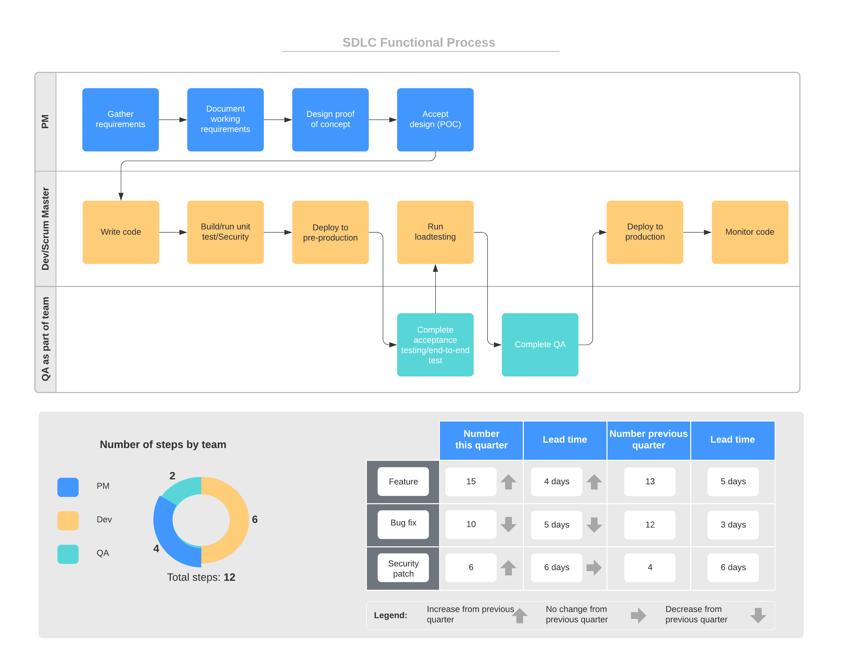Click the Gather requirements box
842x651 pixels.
tap(120, 119)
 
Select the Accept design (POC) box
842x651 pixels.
tap(435, 119)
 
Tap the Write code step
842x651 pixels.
tap(121, 232)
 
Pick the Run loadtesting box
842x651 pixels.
tap(435, 232)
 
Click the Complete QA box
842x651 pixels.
tap(540, 344)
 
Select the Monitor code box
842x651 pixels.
tap(749, 232)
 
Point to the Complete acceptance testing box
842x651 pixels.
tap(435, 344)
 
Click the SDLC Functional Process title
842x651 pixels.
tap(419, 42)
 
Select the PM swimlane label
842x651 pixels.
tap(45, 122)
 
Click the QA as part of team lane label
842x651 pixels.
tap(45, 339)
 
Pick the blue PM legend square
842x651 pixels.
tap(68, 487)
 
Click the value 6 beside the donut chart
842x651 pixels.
tap(254, 519)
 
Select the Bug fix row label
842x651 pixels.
tap(403, 523)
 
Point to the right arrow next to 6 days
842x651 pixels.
tap(594, 567)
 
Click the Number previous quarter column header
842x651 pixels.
tap(648, 439)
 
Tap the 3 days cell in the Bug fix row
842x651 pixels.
tap(733, 525)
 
